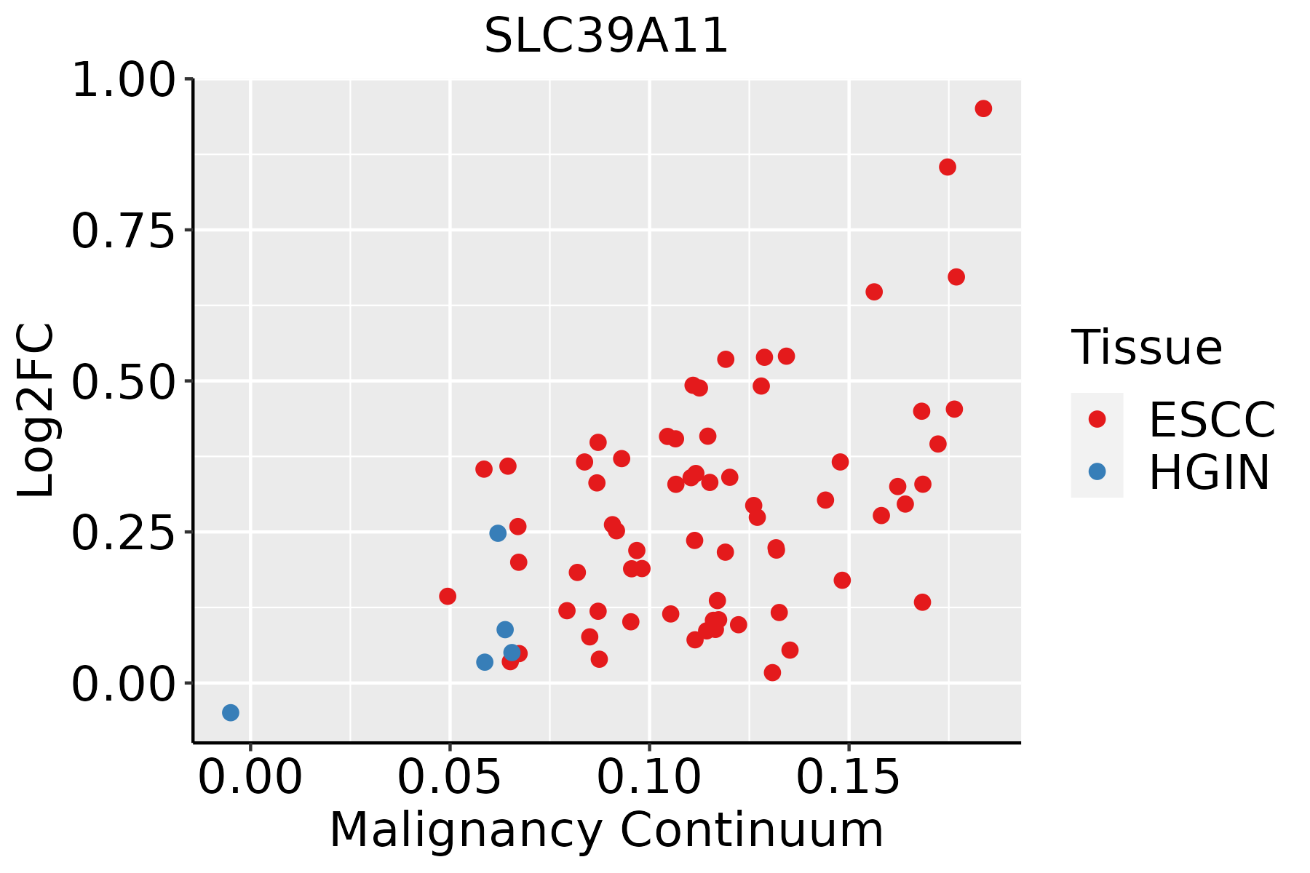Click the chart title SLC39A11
tap(606, 36)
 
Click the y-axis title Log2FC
tap(36, 411)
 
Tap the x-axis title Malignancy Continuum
tap(606, 831)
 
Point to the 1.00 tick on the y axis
tap(124, 79)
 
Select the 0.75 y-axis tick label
tap(124, 231)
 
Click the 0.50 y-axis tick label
tap(124, 381)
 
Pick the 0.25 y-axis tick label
tap(124, 533)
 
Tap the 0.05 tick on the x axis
tap(450, 777)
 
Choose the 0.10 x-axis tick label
tap(649, 777)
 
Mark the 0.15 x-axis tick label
tap(849, 777)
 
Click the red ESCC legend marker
tap(1097, 419)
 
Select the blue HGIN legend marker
tap(1097, 471)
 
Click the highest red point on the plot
tap(983, 108)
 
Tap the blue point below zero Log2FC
tap(231, 712)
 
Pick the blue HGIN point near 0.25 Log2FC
tap(498, 533)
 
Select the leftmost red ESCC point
tap(448, 597)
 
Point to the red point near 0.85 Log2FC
tap(948, 167)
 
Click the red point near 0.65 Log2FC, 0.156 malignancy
tap(874, 292)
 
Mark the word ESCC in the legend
tap(1212, 419)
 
